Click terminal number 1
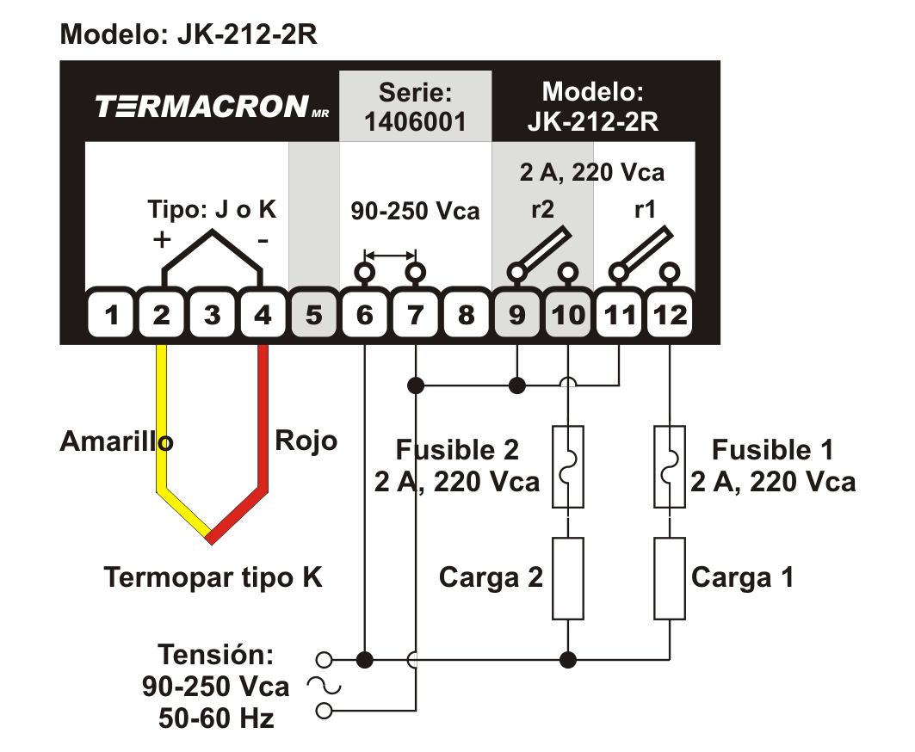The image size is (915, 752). [110, 315]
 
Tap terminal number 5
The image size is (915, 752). [313, 315]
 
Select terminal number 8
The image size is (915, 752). [466, 315]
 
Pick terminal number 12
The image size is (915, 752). [671, 315]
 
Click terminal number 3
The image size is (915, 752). [212, 315]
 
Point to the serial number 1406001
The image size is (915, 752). [415, 121]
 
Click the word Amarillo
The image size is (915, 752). [115, 441]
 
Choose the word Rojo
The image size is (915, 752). [306, 441]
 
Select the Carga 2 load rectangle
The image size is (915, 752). [568, 578]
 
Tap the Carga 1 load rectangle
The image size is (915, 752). [670, 578]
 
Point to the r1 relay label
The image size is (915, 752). [644, 211]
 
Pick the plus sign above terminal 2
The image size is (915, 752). [161, 239]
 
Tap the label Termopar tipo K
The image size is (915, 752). [213, 576]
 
